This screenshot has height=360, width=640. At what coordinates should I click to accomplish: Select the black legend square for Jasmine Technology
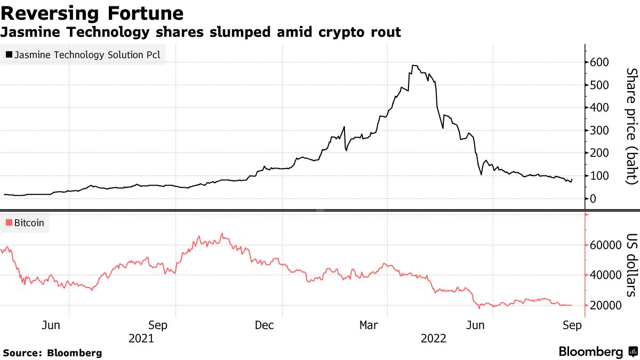[x=9, y=54]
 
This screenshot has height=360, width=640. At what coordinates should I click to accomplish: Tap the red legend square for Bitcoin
[x=9, y=223]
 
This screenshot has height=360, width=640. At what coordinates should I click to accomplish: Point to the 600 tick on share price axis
[x=599, y=62]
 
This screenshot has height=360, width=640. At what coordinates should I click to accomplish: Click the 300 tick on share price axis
[x=599, y=131]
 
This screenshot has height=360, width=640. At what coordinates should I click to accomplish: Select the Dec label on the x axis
[x=264, y=325]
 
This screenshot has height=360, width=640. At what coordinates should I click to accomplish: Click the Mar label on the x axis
[x=370, y=325]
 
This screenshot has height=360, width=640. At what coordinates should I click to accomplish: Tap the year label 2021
[x=141, y=338]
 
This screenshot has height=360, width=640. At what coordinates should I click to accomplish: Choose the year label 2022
[x=433, y=338]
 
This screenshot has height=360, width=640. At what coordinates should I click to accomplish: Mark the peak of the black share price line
[x=413, y=66]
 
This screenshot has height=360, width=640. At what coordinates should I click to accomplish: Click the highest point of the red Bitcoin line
[x=222, y=234]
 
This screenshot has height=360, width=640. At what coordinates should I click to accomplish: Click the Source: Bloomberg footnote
[x=52, y=353]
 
